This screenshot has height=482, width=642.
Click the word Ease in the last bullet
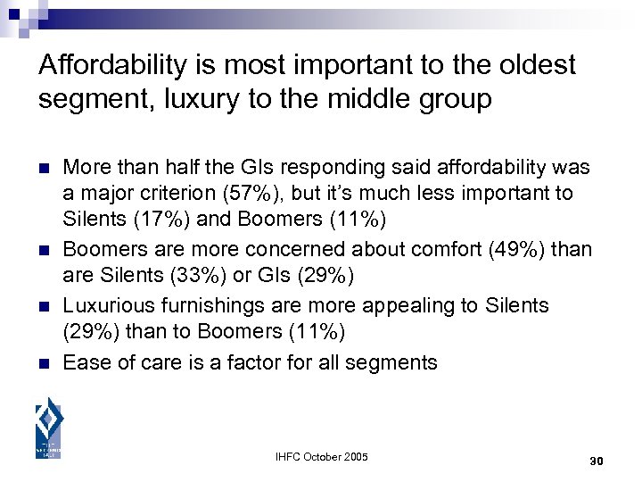[85, 361]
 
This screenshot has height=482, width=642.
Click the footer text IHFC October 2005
[320, 458]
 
